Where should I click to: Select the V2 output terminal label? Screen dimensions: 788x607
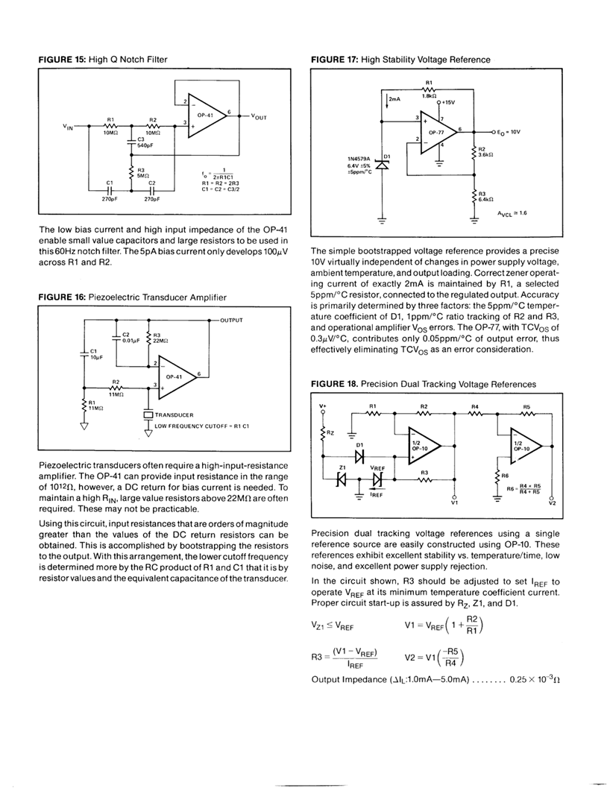click(552, 502)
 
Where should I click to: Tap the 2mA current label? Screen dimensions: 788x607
click(394, 98)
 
